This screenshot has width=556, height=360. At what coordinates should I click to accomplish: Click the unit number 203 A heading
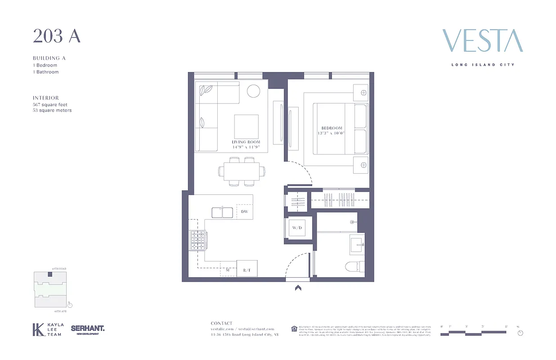tap(56, 36)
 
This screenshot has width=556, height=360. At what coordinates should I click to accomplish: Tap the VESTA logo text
tap(482, 41)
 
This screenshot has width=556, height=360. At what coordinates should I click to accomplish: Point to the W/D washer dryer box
tap(297, 228)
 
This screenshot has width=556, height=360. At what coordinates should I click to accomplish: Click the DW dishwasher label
tap(244, 211)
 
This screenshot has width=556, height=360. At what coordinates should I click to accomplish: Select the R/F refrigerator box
tap(247, 270)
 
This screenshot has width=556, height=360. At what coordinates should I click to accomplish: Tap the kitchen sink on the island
tap(222, 212)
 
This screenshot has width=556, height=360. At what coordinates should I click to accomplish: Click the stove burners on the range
tap(197, 240)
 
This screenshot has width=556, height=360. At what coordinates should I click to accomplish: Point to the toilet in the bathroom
tap(354, 267)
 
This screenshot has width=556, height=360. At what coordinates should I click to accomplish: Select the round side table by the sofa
tap(253, 91)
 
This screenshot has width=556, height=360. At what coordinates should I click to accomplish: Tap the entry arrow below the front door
tap(298, 288)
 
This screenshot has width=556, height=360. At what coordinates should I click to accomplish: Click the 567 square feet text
tap(50, 104)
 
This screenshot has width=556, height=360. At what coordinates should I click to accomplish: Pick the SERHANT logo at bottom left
tap(87, 329)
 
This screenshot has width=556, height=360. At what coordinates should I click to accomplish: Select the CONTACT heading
tap(221, 323)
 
